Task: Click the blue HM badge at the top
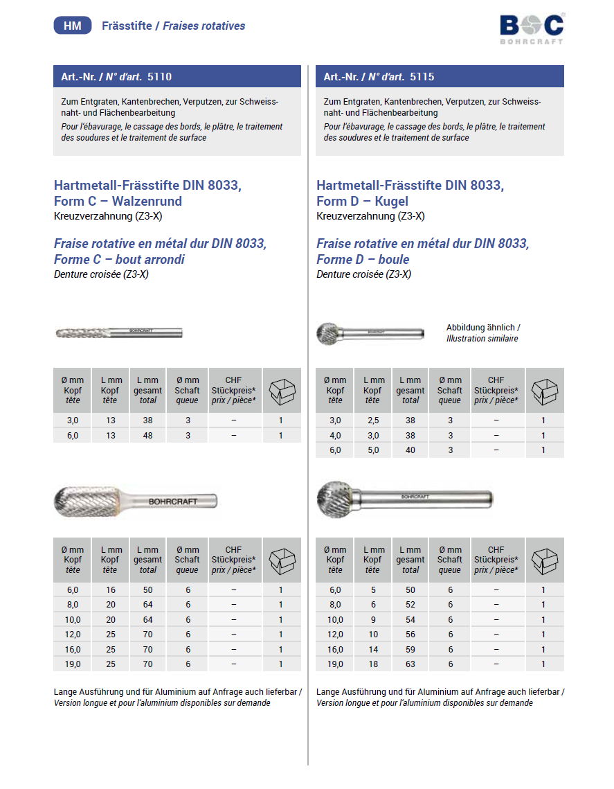tap(72, 26)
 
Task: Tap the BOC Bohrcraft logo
tap(532, 28)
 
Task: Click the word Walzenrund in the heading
tap(148, 202)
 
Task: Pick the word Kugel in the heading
tap(392, 202)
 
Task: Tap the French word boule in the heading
tap(392, 260)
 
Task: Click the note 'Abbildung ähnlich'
tap(482, 328)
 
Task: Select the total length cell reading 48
tap(147, 436)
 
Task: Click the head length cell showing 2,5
tap(373, 420)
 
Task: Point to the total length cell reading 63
tap(410, 664)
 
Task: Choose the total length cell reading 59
tap(410, 650)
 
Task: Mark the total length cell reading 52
tap(410, 605)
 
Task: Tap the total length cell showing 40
tap(410, 450)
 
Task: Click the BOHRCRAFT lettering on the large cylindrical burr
tap(173, 501)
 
